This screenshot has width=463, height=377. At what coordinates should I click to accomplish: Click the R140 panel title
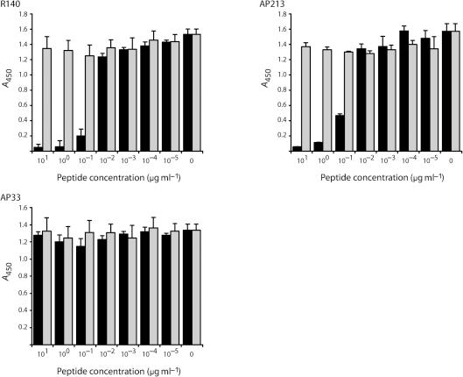(x=11, y=6)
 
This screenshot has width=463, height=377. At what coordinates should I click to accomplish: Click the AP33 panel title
(x=10, y=199)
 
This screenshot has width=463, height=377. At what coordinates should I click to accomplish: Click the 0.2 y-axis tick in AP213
(x=274, y=136)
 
